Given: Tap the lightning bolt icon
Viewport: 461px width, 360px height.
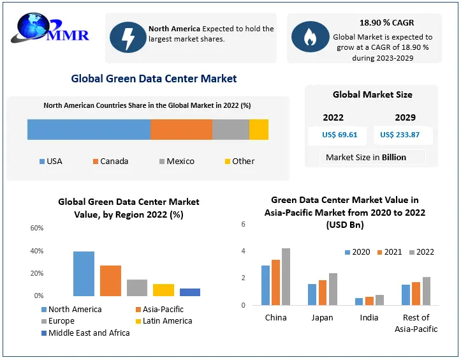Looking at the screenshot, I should click(128, 37).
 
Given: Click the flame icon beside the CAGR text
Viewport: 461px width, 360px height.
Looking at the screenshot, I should click(310, 37).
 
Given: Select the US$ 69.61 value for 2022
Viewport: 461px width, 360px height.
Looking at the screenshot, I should click(340, 135).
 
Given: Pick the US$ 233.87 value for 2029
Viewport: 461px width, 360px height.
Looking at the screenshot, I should click(400, 135).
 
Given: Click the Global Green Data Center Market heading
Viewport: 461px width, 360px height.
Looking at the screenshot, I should click(154, 79).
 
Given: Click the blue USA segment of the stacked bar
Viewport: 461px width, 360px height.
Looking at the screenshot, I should click(89, 129).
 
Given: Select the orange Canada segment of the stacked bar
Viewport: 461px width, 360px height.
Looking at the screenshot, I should click(181, 129).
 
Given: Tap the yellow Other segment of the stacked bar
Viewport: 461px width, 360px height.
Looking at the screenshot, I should click(258, 129).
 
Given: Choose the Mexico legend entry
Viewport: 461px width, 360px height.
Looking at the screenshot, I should click(175, 161).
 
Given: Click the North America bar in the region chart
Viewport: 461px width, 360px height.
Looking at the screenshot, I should click(84, 274).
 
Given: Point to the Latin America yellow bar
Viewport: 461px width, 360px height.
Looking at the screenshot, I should click(163, 290).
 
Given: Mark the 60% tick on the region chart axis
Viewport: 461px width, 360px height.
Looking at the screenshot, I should click(37, 228).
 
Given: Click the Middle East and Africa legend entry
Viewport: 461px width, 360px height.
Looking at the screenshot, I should click(84, 333).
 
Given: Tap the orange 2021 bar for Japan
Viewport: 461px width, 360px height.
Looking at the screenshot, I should click(323, 292).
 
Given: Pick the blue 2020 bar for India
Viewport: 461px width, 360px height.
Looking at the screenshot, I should click(358, 301).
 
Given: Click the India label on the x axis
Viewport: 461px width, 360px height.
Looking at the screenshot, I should click(369, 317).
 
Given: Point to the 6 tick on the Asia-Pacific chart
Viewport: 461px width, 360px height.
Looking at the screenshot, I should click(243, 224).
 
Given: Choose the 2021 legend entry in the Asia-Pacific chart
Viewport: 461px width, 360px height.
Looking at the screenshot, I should click(388, 251).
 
